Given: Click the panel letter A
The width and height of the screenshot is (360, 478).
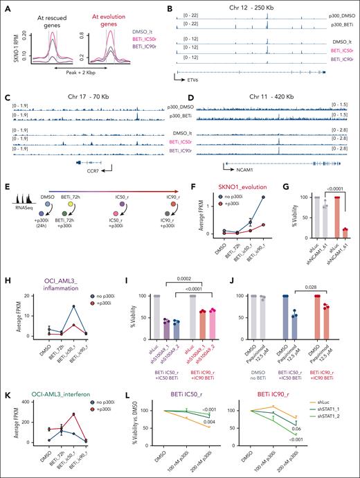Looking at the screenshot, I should coord(5,6).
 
